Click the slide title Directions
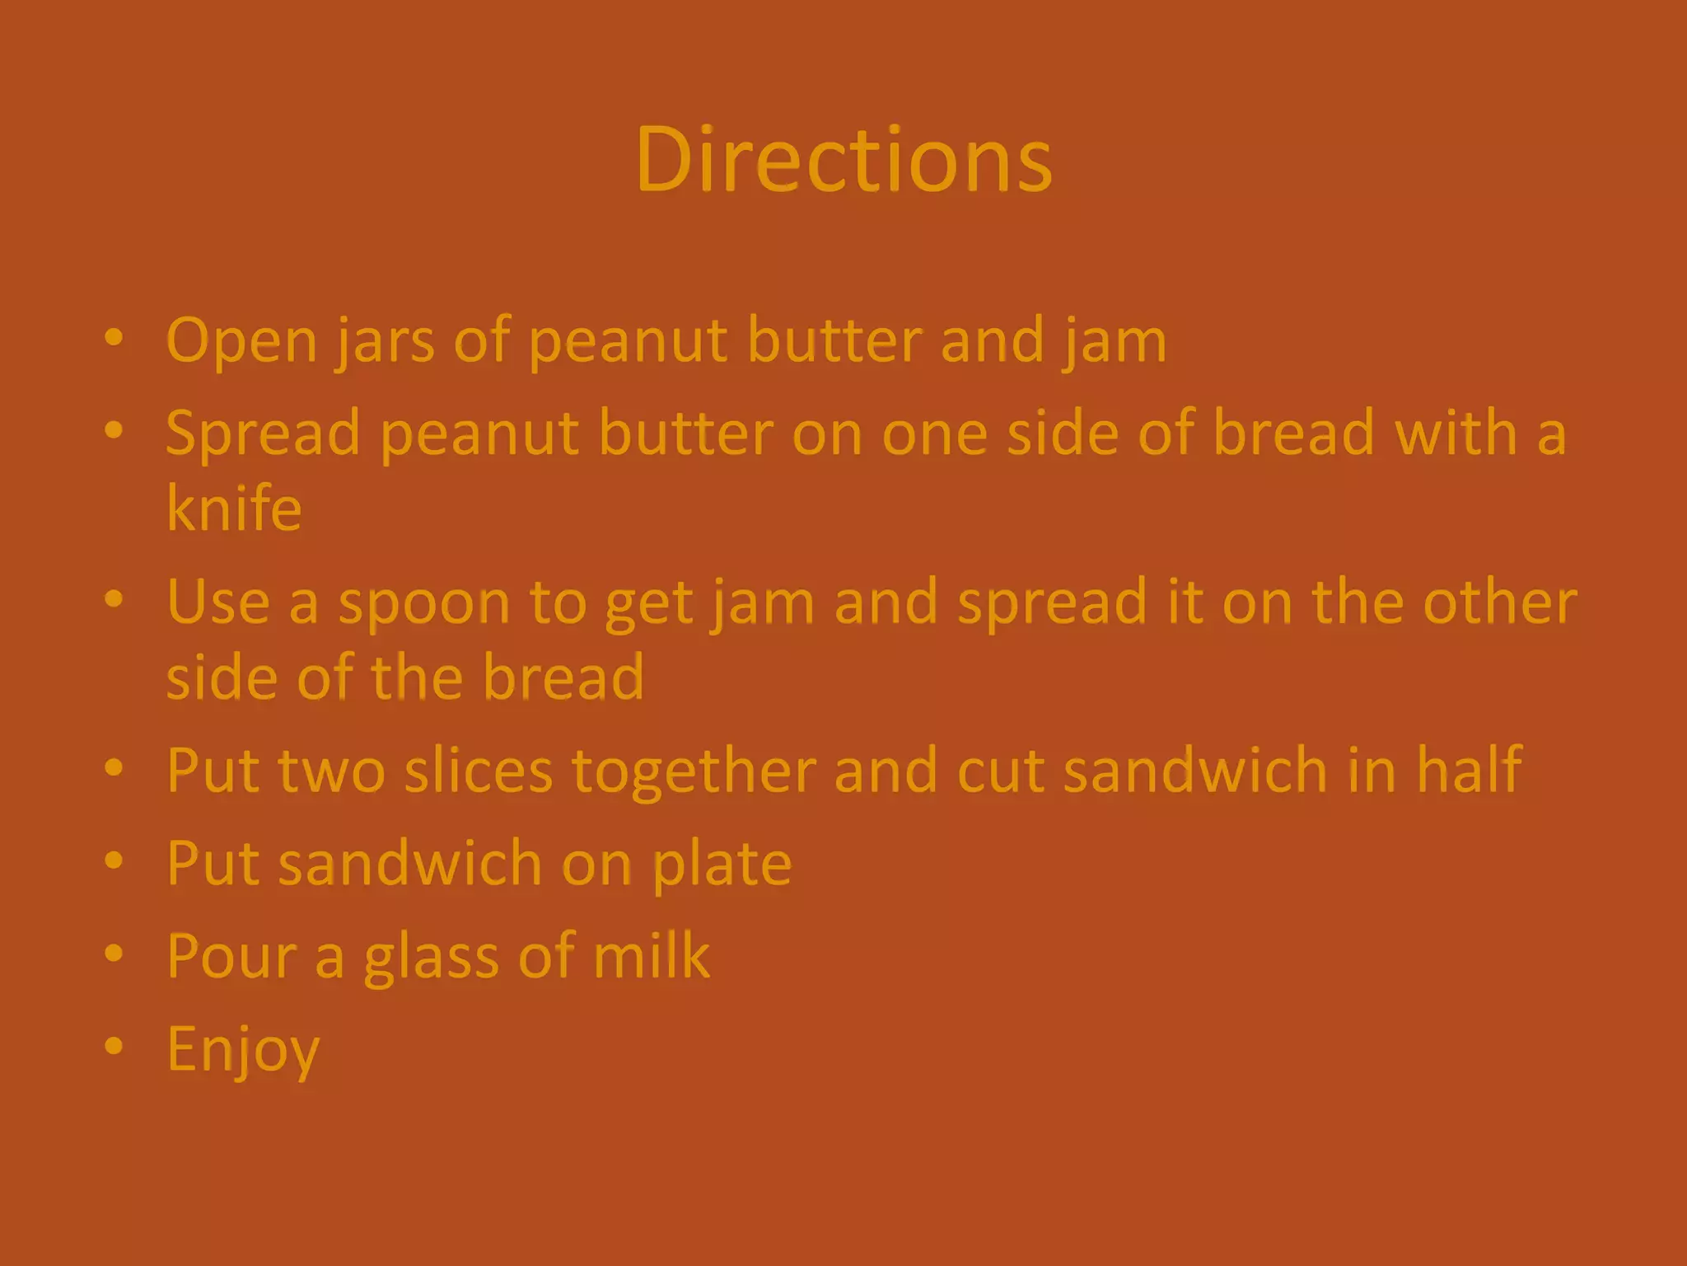point(843,160)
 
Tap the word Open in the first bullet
point(241,340)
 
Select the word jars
point(385,340)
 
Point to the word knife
point(234,508)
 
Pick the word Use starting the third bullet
point(217,602)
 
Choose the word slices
point(479,771)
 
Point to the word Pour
point(231,956)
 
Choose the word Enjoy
point(243,1050)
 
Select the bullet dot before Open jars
point(114,337)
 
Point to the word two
point(331,771)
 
